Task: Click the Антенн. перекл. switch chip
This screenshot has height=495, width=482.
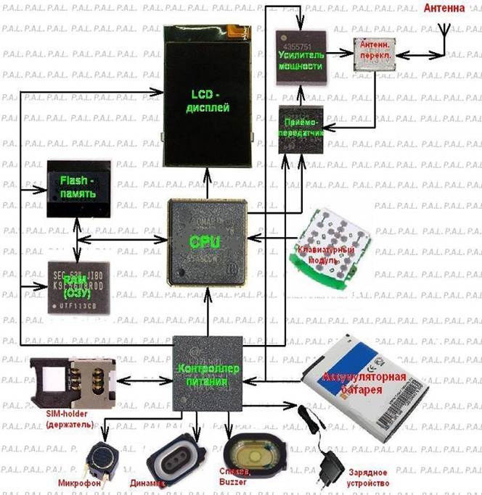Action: tap(375, 53)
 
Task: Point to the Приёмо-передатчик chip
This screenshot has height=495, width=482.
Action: tap(301, 130)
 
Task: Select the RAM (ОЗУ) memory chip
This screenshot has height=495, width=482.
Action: tap(78, 287)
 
